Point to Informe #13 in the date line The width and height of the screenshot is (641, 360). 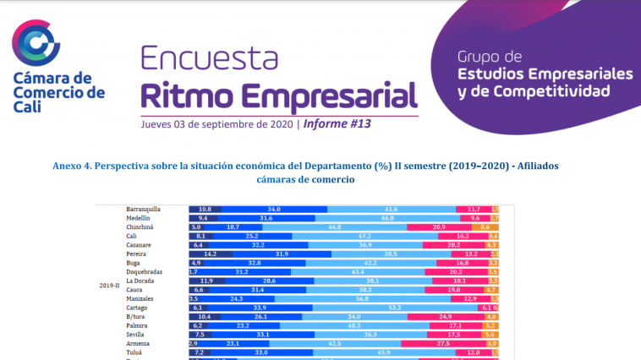point(337,123)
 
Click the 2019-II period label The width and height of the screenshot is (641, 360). point(107,286)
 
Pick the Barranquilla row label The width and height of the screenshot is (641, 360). point(144,209)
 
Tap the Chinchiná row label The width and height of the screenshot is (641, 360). point(142,227)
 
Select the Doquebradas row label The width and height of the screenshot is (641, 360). point(145,271)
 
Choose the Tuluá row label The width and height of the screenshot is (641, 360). point(135,352)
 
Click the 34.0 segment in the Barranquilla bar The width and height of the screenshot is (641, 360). point(274,209)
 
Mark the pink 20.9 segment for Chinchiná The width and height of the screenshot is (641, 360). point(439,227)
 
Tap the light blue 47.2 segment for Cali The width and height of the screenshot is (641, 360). point(365,237)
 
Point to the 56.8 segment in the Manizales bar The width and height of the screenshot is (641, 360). point(361,298)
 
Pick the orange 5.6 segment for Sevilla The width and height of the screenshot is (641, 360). point(489,334)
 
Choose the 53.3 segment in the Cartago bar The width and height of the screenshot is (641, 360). point(394,308)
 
